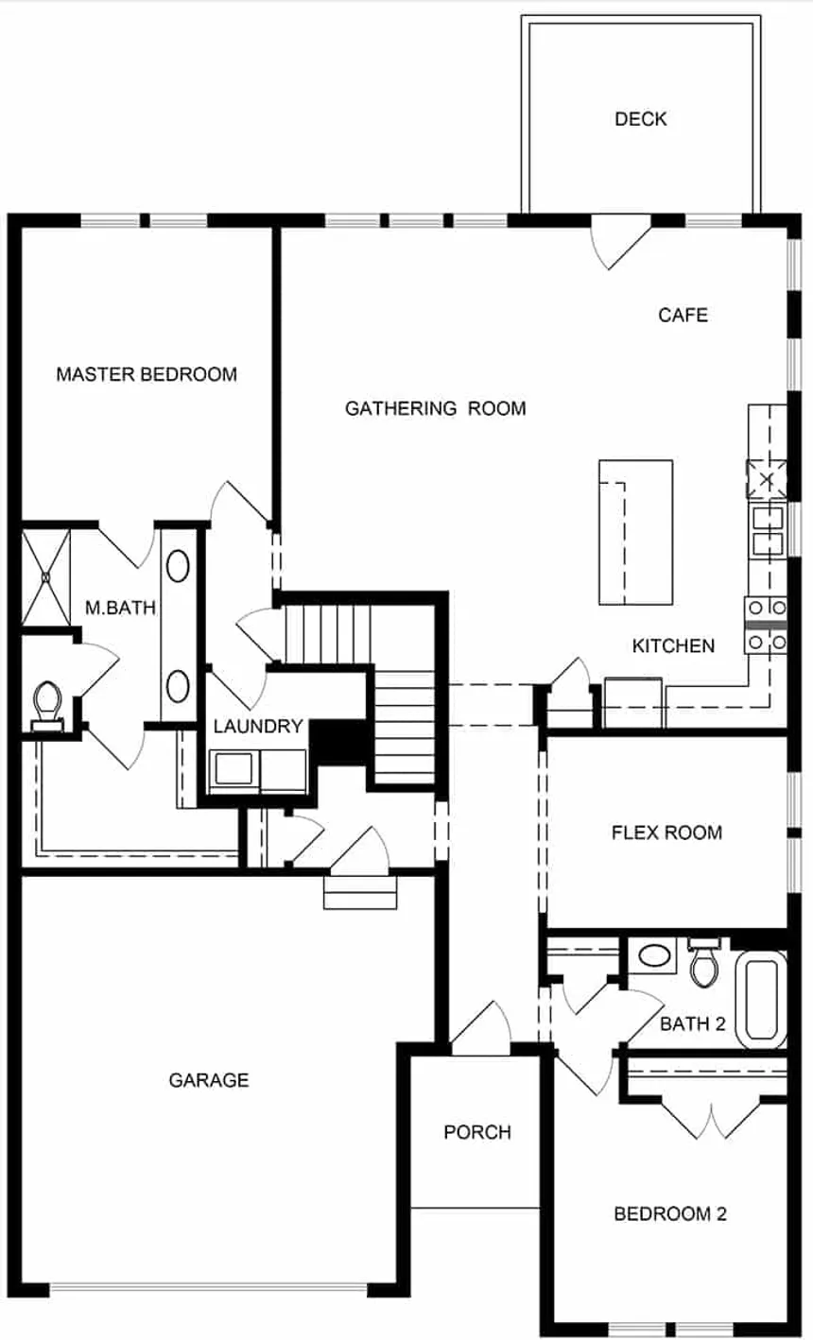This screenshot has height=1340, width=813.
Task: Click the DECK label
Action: click(640, 119)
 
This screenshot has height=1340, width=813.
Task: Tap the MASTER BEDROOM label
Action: click(147, 374)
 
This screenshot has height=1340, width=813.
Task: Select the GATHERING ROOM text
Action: click(435, 408)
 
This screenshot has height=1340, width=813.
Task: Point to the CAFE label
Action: click(683, 315)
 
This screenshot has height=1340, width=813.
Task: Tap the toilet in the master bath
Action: click(47, 704)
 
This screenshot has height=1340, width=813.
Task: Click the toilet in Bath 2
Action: click(704, 962)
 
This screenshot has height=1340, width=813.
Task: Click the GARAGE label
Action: click(209, 1080)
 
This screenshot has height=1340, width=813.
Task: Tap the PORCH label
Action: click(477, 1132)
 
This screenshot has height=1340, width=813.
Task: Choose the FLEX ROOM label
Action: click(666, 833)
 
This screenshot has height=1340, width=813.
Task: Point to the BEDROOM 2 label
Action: click(670, 1214)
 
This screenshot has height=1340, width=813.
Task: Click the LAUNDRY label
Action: click(258, 727)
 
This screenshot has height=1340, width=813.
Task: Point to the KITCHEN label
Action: click(673, 646)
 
